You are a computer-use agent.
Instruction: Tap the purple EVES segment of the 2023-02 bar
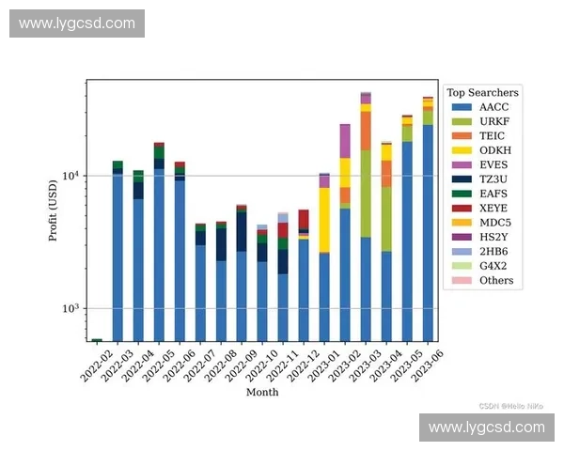pyautogui.click(x=345, y=141)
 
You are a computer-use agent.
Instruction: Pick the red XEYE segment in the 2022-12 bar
pyautogui.click(x=304, y=219)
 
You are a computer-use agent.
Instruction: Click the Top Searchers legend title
pyautogui.click(x=482, y=92)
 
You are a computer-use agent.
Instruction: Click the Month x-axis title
pyautogui.click(x=261, y=392)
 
